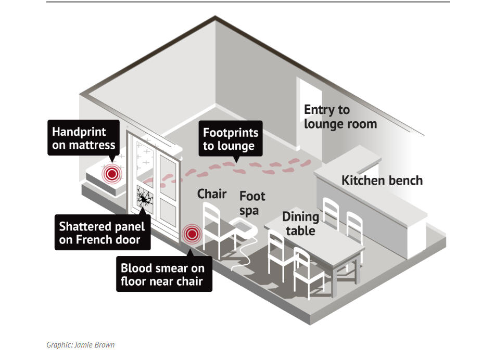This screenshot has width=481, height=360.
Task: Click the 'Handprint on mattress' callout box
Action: [83, 138]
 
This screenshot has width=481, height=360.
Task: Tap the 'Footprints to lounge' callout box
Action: [230, 139]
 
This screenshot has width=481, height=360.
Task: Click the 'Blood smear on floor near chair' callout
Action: [163, 276]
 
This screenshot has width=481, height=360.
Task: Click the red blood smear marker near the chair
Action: [192, 234]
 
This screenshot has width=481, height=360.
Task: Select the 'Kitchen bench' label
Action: [382, 181]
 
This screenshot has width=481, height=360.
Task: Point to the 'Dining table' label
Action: [300, 223]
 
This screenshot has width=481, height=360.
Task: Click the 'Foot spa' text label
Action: [252, 203]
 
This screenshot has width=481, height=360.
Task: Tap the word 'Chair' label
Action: [212, 194]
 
